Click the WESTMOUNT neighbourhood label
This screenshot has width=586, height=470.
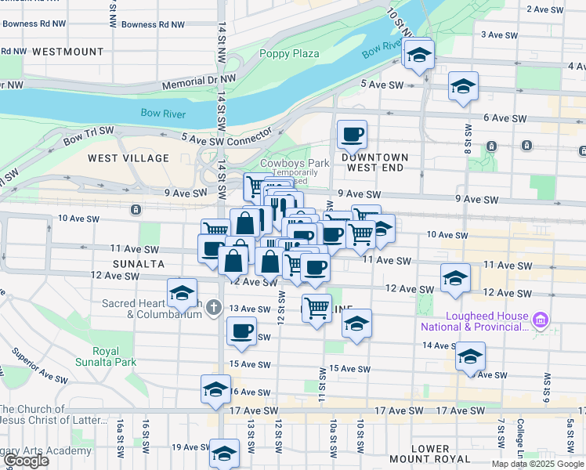[x=67, y=52]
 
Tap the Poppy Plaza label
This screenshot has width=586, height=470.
[x=289, y=53]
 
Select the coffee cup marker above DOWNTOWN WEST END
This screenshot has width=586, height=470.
[x=352, y=134]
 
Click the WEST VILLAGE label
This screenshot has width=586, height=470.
[x=128, y=158]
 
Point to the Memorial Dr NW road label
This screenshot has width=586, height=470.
[x=198, y=82]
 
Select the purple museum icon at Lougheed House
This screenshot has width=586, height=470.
[x=540, y=320]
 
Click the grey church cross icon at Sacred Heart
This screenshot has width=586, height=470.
[x=215, y=308]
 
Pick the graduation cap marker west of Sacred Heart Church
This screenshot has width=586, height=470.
[x=182, y=293]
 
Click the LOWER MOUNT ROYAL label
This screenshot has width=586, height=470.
[x=429, y=454]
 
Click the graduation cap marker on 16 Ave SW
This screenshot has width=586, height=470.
[x=216, y=389]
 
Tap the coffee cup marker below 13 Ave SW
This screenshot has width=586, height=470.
[x=241, y=331]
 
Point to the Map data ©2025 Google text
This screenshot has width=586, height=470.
[x=537, y=464]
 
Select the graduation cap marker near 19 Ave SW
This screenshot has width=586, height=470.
[x=224, y=453]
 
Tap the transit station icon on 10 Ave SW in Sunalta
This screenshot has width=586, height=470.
[x=136, y=209]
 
